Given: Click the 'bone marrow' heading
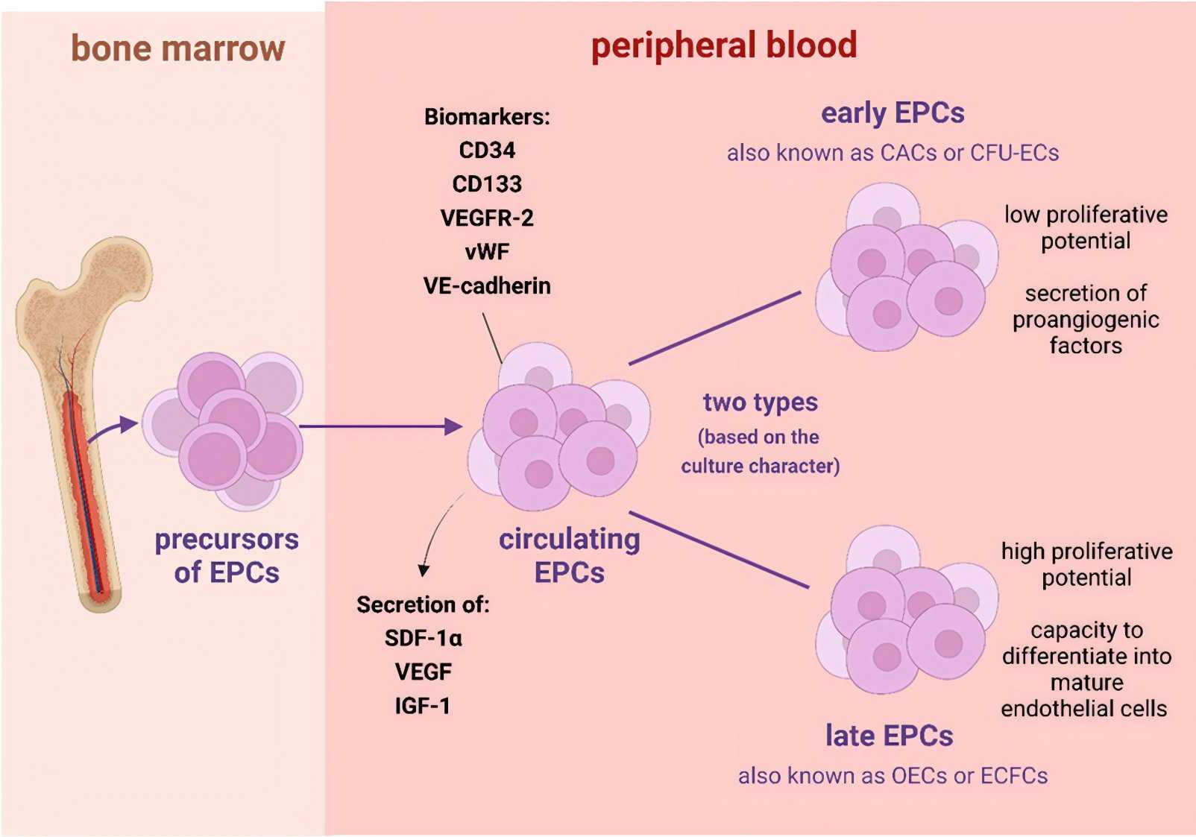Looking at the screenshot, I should (177, 48).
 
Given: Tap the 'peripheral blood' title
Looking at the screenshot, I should (723, 45).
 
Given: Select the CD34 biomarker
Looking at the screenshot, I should (487, 151).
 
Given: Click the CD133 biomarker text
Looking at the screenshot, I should (487, 184).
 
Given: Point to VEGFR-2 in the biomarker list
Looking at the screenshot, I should (487, 218).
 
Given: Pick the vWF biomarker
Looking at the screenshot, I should (487, 252).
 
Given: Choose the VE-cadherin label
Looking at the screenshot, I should (487, 286).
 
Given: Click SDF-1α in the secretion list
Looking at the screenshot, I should (423, 639).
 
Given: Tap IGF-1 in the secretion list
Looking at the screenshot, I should (423, 706).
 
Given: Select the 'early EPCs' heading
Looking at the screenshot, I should (893, 113).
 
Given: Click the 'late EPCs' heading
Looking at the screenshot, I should (889, 736).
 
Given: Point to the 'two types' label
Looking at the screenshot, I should (760, 402).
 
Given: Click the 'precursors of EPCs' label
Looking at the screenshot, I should (227, 556).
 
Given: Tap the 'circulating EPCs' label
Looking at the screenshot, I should (569, 556).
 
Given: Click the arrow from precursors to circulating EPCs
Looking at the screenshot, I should (380, 426).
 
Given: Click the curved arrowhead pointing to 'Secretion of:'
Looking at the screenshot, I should (424, 570).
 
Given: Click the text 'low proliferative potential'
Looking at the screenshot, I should (1086, 228).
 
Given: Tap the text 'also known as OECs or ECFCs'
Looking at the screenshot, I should (893, 776).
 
